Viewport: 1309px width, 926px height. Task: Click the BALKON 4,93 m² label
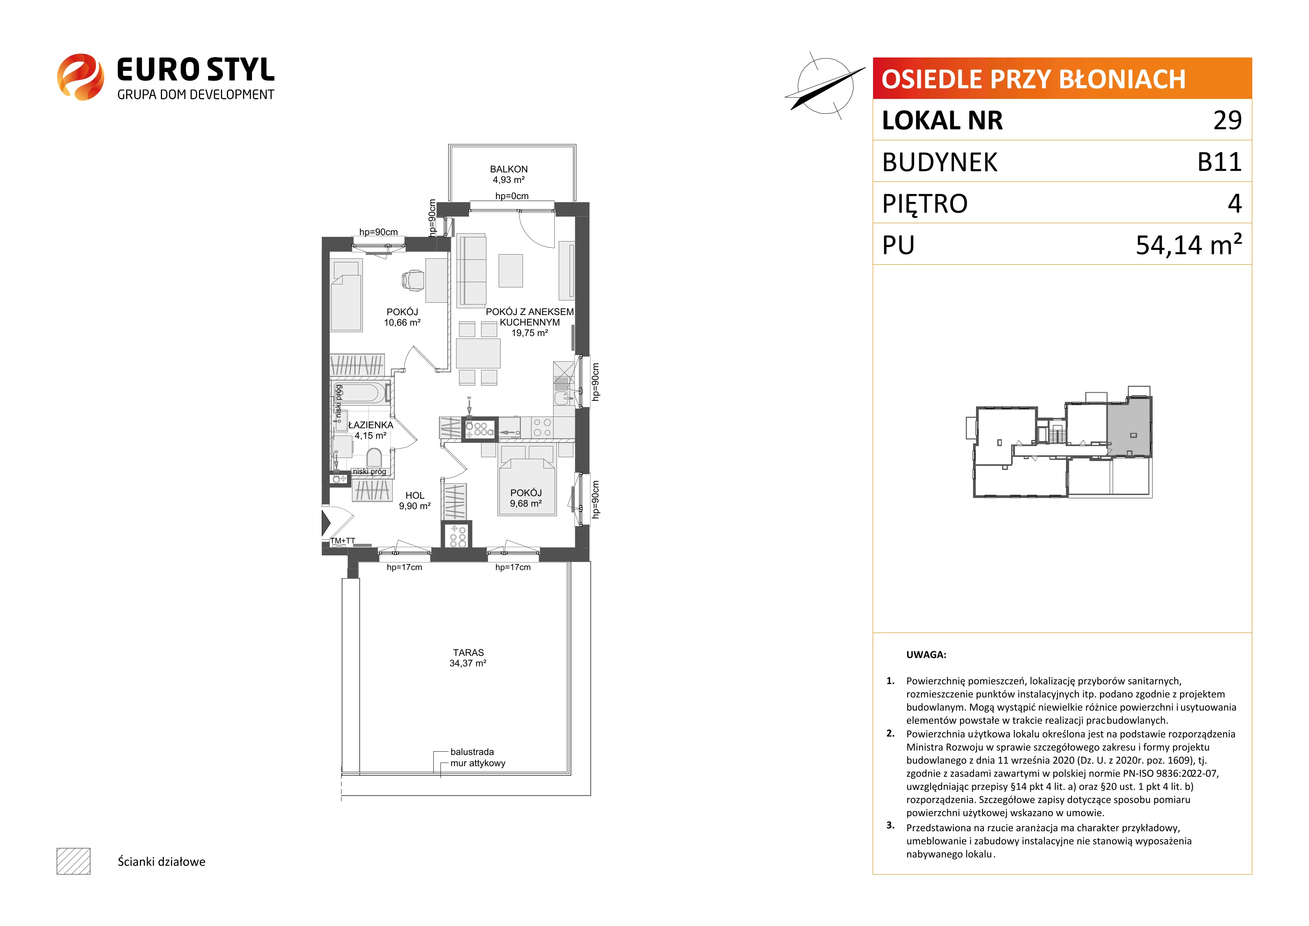tap(508, 174)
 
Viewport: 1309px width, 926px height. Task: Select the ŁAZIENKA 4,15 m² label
tap(371, 430)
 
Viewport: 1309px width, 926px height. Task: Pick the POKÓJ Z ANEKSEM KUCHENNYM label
tap(530, 317)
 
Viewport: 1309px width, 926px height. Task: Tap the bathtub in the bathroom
tap(360, 393)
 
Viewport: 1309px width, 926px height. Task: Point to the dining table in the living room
tap(478, 353)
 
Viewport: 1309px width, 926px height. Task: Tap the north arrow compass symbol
tap(825, 85)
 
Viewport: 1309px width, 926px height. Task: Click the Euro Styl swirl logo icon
tap(80, 77)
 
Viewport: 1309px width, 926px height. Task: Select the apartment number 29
tap(1228, 120)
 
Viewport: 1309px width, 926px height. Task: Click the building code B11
tap(1219, 162)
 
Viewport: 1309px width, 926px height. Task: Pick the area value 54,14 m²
tap(1189, 244)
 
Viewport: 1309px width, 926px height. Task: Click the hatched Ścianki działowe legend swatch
tap(74, 861)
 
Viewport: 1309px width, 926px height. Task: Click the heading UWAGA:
tap(926, 655)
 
